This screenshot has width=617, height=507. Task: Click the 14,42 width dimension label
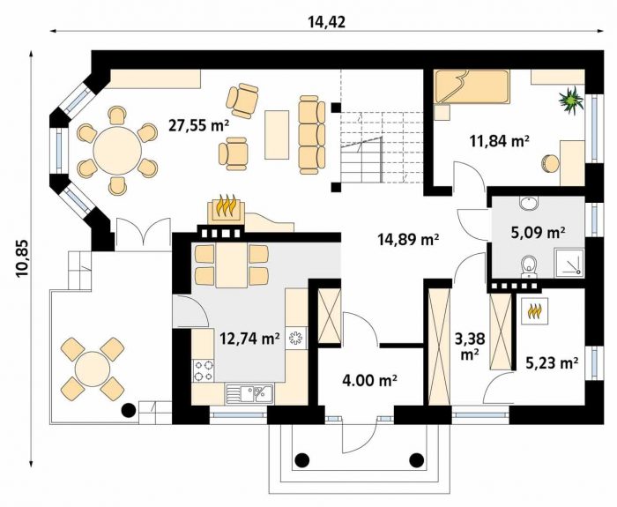[327, 22]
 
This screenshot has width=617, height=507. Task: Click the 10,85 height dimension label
[22, 258]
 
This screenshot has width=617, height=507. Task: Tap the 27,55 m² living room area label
[198, 125]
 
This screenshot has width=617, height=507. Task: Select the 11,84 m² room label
[499, 140]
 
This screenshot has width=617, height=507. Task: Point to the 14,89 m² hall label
[408, 239]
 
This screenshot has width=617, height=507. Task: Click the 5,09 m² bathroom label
[539, 232]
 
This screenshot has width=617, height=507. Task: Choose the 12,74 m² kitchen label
[249, 338]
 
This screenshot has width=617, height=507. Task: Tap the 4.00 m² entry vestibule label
[369, 380]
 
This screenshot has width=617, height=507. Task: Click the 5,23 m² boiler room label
[552, 363]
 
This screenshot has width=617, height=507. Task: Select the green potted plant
[570, 101]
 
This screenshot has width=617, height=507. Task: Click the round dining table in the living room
[117, 151]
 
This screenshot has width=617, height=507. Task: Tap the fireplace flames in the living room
[225, 205]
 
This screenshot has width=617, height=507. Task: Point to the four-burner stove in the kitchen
[204, 371]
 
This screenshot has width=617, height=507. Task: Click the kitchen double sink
[249, 393]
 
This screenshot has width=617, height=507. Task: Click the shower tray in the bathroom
[569, 262]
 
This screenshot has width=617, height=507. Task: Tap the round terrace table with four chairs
[93, 369]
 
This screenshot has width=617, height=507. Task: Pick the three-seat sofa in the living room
[312, 135]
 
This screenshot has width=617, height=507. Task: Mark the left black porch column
[301, 459]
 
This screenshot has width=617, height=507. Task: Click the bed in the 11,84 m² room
[472, 87]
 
